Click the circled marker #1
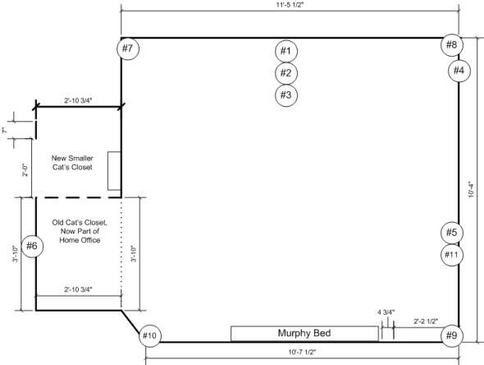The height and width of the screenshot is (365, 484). pyautogui.click(x=285, y=51)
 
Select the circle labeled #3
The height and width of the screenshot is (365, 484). pyautogui.click(x=285, y=95)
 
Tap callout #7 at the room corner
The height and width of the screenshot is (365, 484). pyautogui.click(x=127, y=49)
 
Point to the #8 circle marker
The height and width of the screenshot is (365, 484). pyautogui.click(x=452, y=44)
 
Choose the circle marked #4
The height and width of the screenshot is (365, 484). pyautogui.click(x=459, y=71)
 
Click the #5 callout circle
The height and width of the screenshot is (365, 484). pyautogui.click(x=452, y=233)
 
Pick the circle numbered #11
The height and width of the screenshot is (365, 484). pyautogui.click(x=452, y=254)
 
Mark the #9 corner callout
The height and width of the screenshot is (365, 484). pyautogui.click(x=452, y=335)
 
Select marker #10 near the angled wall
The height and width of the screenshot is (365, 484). pyautogui.click(x=149, y=335)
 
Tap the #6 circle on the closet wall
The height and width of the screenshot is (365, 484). pyautogui.click(x=32, y=246)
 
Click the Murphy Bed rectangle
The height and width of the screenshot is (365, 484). pyautogui.click(x=304, y=333)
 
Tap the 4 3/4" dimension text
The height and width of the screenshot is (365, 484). pyautogui.click(x=385, y=312)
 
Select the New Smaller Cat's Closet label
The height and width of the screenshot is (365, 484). pyautogui.click(x=72, y=162)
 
